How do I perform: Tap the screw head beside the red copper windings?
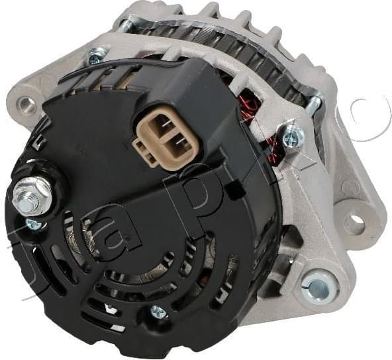point(291,137)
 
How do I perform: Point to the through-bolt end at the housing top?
point(125,25)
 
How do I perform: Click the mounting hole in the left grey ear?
point(26,103)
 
